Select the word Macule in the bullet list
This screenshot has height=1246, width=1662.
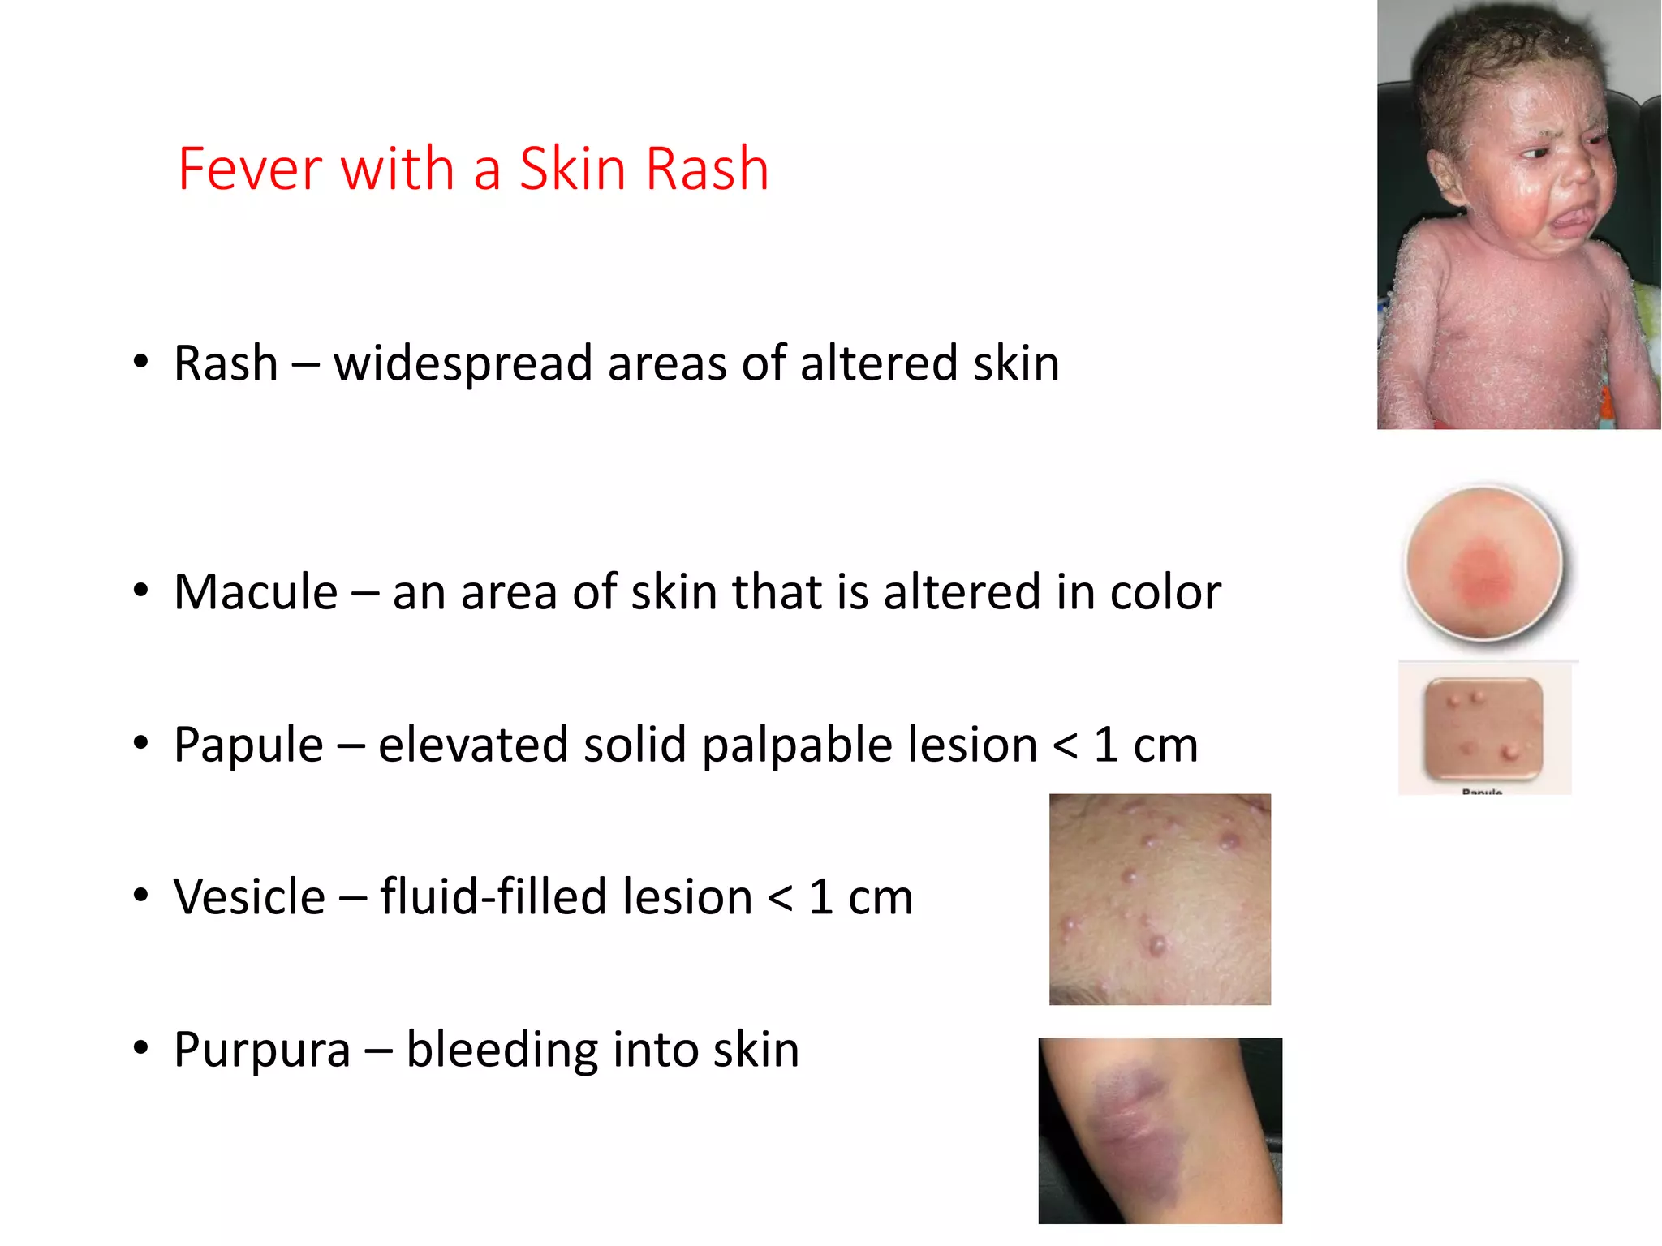(256, 591)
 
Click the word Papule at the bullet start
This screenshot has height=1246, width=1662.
(248, 744)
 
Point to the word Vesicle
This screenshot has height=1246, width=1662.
(249, 896)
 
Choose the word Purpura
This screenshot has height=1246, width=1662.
(262, 1049)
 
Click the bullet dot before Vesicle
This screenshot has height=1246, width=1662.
(141, 895)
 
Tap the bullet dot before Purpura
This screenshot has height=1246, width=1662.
(141, 1047)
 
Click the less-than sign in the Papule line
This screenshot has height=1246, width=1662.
(1065, 745)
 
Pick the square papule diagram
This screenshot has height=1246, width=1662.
(1483, 728)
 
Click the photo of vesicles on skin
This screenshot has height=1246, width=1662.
(1160, 899)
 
